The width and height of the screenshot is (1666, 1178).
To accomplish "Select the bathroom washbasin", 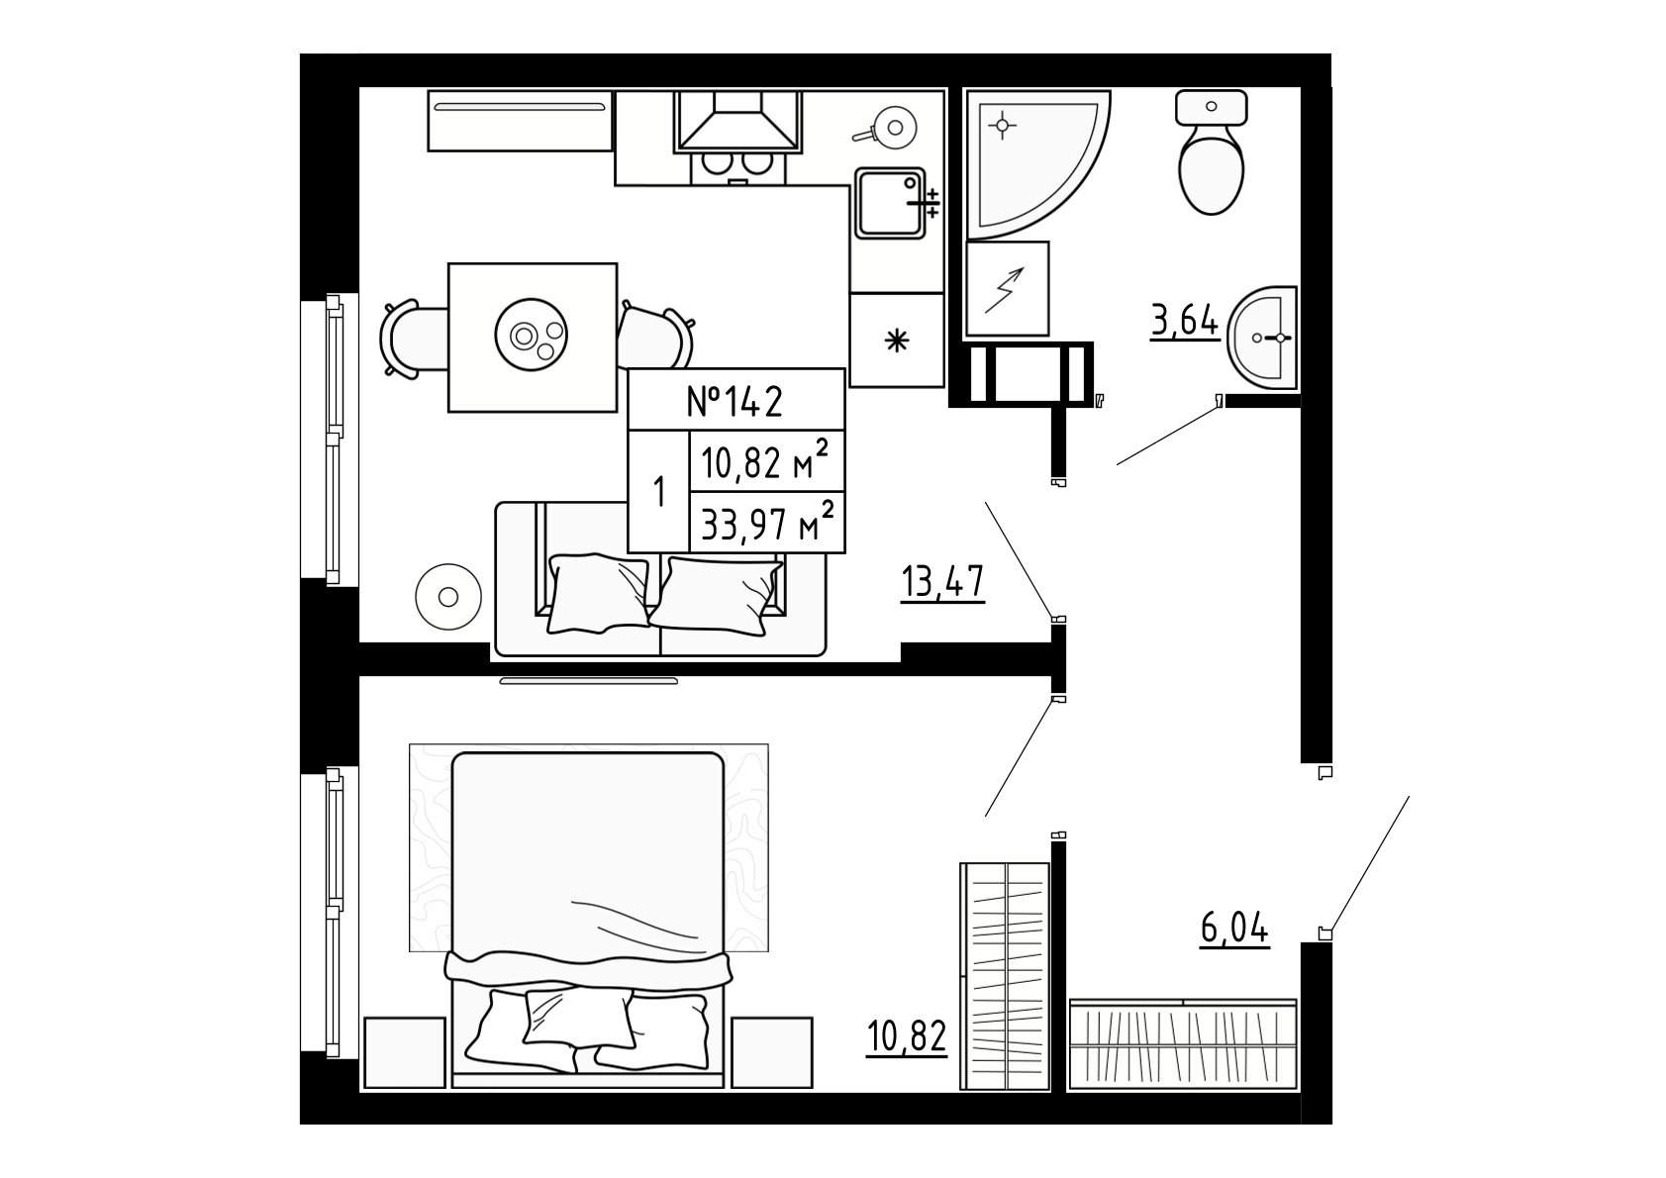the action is pos(1262,338).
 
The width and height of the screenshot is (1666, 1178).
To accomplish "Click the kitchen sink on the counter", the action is pos(891,202).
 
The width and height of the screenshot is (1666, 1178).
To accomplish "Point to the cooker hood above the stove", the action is pos(737,122).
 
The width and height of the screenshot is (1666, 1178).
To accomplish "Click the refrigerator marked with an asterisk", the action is pos(896,340).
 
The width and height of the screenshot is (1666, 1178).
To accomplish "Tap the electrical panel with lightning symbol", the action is pos(1007,288).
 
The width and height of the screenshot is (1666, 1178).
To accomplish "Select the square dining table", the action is pos(533,337).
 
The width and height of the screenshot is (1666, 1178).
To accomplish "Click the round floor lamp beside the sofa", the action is pos(447,597).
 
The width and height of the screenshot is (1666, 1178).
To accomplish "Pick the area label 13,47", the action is pos(942,582).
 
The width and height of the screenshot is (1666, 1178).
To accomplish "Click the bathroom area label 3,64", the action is pos(1185,322).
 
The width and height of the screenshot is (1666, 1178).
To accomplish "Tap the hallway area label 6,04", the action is pos(1234,930).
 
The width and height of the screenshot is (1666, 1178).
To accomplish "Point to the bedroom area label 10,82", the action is pos(906,1036).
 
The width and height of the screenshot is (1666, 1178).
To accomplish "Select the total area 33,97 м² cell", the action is pos(767,522).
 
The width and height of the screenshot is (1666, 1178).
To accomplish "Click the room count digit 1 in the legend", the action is pos(658,492).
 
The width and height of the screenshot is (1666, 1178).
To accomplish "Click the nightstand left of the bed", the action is pos(405,1053).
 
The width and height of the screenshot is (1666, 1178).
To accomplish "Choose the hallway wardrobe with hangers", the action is pos(1183,1045).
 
